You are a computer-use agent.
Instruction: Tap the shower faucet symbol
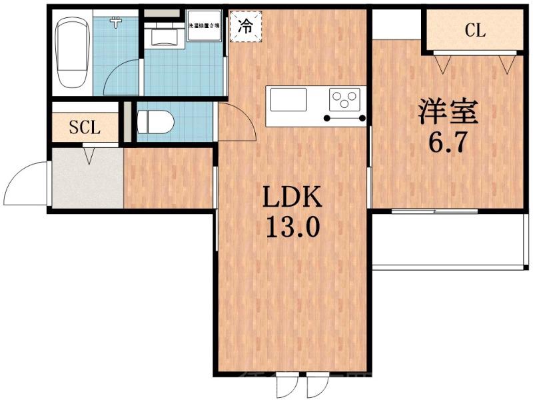pos(117,22)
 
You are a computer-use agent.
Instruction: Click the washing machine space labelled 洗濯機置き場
pos(205,27)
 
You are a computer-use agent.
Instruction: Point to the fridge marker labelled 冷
pos(245,27)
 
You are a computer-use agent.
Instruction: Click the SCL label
pos(85,128)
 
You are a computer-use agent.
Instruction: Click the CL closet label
pos(474,30)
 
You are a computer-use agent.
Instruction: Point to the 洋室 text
pos(447,112)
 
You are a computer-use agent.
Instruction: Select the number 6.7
pos(447,141)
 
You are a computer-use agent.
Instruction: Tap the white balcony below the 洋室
pos(446,240)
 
